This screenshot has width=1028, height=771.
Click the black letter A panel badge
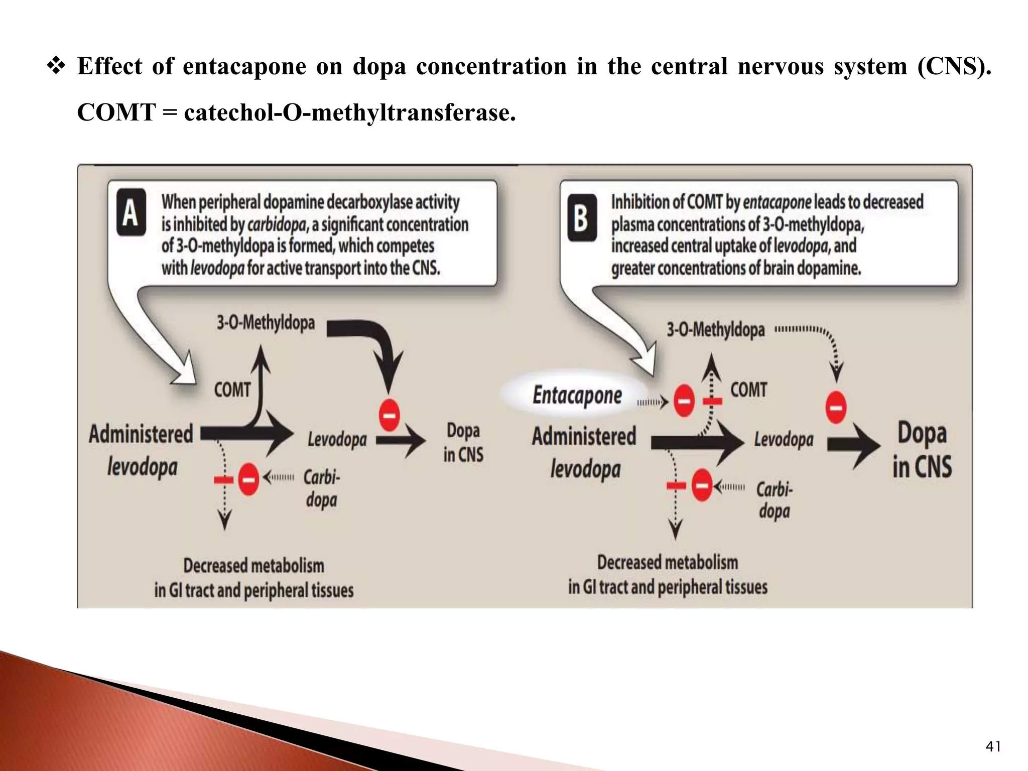click(132, 212)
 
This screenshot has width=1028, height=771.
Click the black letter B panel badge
click(582, 218)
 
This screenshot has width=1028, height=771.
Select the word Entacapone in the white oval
click(577, 396)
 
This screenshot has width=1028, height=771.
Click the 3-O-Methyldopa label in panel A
click(266, 322)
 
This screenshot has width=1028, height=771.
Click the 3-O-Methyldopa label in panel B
click(715, 330)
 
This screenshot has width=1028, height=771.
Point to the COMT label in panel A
click(232, 390)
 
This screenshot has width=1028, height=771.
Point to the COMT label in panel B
click(748, 390)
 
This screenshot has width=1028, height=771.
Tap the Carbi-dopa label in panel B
click(775, 499)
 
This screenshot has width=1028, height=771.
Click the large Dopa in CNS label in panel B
click(922, 449)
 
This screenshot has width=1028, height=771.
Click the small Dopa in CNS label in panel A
click(463, 442)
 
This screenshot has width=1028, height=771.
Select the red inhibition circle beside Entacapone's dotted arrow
click(684, 401)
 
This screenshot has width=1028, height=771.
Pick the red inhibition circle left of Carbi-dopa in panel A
click(248, 479)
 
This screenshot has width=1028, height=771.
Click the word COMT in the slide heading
click(116, 112)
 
